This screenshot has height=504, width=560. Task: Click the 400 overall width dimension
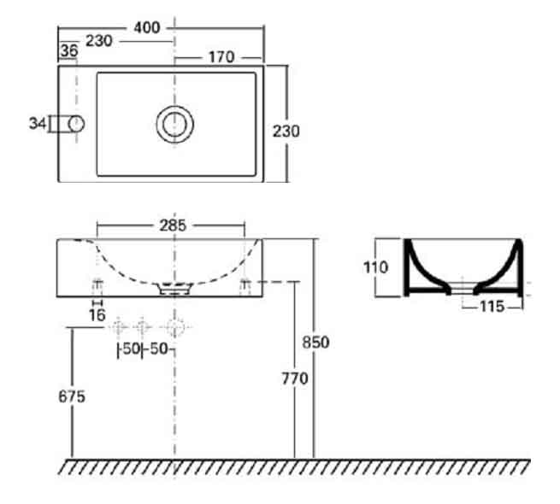click(147, 27)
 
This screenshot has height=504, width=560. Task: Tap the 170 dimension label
click(221, 57)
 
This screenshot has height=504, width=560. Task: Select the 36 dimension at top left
click(69, 50)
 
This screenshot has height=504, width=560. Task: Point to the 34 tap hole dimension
click(38, 124)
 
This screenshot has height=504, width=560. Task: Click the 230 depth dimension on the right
click(286, 132)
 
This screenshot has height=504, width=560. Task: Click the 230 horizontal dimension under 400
click(99, 41)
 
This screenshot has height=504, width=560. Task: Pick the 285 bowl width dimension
click(173, 226)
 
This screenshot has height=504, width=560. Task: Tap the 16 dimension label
click(97, 315)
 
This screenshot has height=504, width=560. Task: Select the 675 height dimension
click(72, 396)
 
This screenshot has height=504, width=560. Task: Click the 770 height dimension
click(295, 378)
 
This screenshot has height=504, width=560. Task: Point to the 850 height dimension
click(315, 343)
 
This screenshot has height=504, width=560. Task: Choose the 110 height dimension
click(375, 267)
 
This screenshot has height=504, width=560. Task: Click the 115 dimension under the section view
click(492, 307)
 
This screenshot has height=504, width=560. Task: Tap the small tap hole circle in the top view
click(76, 124)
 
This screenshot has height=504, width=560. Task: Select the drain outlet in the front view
click(174, 289)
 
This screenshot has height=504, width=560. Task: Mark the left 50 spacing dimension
click(131, 349)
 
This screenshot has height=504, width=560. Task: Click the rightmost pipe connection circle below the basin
click(174, 326)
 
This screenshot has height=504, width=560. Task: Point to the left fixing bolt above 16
click(97, 288)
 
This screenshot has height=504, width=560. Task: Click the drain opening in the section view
click(463, 288)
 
